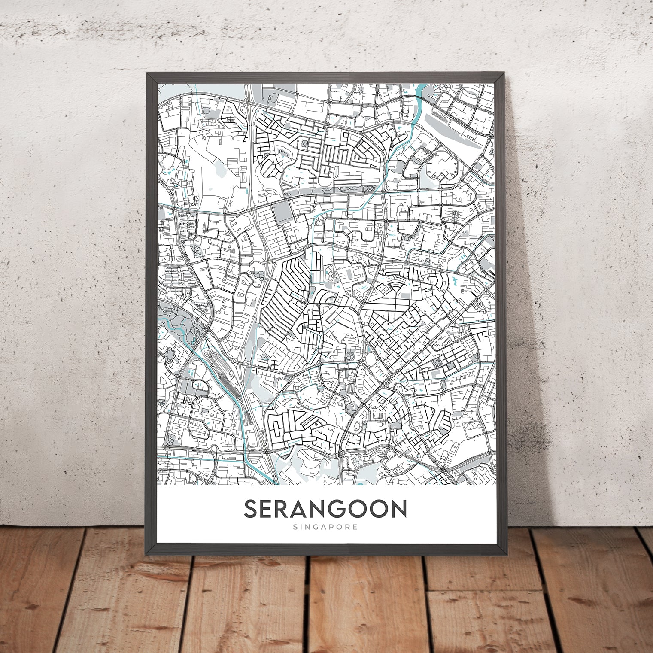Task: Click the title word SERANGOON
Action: tap(325, 509)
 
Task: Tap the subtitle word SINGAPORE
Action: tap(325, 527)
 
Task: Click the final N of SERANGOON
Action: tap(398, 509)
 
